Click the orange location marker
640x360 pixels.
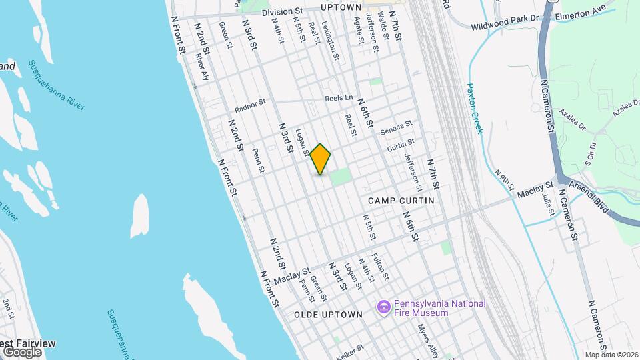[321, 159]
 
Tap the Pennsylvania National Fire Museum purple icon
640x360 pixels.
[383, 307]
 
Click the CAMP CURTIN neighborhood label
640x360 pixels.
[401, 200]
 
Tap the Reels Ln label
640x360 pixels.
[339, 98]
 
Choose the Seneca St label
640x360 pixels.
[397, 127]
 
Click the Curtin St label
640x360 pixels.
[401, 143]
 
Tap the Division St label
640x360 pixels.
[282, 12]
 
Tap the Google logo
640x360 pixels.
[22, 351]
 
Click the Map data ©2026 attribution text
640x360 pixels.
[611, 355]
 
